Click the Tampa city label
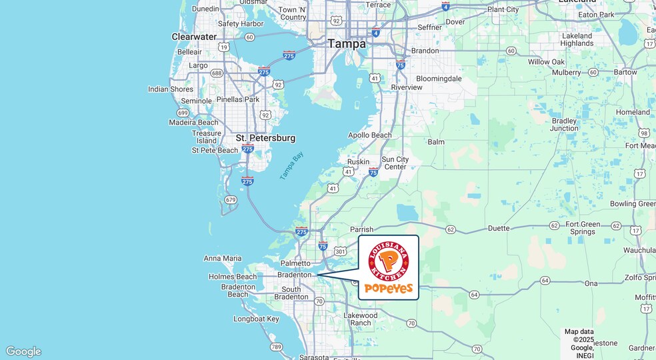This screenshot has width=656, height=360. coord(346,44)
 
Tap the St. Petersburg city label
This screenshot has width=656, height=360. coord(265,138)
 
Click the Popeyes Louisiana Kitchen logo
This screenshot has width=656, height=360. coord(389,267)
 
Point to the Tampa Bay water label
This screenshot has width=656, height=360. coord(291,165)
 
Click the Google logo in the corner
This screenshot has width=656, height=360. coord(23,351)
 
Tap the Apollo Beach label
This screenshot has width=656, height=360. coord(370,135)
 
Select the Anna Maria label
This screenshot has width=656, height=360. coord(223,259)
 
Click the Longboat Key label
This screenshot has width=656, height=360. coord(256,319)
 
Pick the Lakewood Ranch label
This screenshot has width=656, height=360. coord(361,319)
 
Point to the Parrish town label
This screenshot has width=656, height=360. coord(362,230)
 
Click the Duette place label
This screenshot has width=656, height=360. coord(499,229)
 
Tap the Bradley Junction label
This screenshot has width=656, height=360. coord(565,124)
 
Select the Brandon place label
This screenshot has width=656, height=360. coord(425,51)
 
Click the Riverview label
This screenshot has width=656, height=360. coord(407,87)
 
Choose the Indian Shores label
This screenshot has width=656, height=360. coord(171,89)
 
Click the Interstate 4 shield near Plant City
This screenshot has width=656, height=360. coord(445,6)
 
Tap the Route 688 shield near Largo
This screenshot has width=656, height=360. coord(217,73)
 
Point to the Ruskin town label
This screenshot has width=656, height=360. coord(358,162)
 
